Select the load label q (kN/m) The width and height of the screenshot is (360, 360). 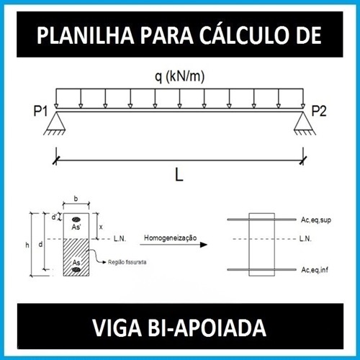pyautogui.click(x=180, y=77)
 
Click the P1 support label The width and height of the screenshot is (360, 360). pyautogui.click(x=40, y=111)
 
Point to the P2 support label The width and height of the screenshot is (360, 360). pyautogui.click(x=319, y=111)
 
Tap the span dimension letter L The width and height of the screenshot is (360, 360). pyautogui.click(x=179, y=174)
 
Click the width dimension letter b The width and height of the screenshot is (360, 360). pyautogui.click(x=76, y=199)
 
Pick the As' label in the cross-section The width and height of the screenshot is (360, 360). pyautogui.click(x=76, y=227)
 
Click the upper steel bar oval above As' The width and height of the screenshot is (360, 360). pyautogui.click(x=76, y=219)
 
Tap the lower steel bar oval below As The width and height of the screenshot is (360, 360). pyautogui.click(x=76, y=270)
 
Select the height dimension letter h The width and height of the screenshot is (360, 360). pyautogui.click(x=27, y=245)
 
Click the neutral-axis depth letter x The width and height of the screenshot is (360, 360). pyautogui.click(x=101, y=227)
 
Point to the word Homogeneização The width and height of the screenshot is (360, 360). pyautogui.click(x=171, y=238)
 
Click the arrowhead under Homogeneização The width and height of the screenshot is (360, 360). pyautogui.click(x=204, y=245)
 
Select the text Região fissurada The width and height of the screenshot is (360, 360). pyautogui.click(x=127, y=262)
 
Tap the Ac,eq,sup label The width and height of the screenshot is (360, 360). pyautogui.click(x=316, y=220)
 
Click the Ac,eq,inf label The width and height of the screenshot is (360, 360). pyautogui.click(x=315, y=270)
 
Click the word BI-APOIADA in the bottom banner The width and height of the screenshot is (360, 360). pyautogui.click(x=207, y=328)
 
